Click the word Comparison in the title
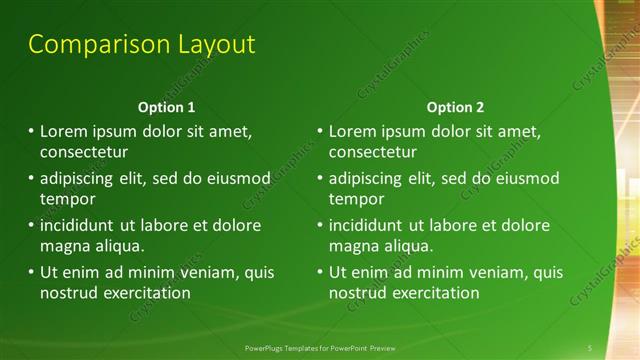click(86, 45)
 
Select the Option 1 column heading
click(166, 107)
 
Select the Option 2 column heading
click(455, 107)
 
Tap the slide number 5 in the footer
click(590, 347)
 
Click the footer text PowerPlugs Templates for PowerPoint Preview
click(320, 347)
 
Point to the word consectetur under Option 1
click(84, 153)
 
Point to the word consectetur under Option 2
click(373, 153)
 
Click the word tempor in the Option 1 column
click(66, 199)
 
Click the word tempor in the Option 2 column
click(355, 199)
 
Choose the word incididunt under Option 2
click(370, 226)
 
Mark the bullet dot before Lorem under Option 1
click(31, 131)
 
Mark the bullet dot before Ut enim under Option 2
click(320, 272)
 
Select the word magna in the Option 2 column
click(351, 246)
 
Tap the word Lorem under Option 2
click(351, 132)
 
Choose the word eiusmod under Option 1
click(239, 179)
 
